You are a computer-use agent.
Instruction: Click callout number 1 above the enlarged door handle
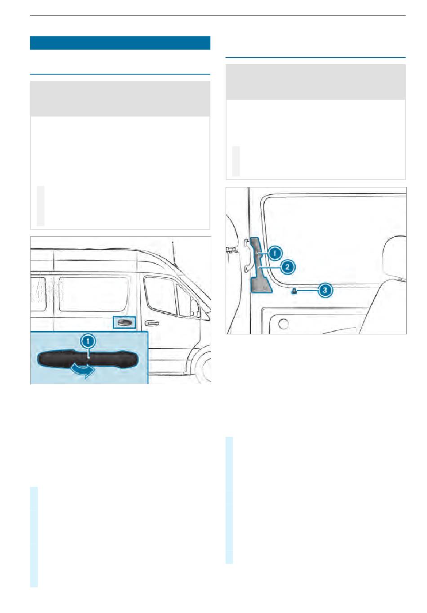pyautogui.click(x=88, y=341)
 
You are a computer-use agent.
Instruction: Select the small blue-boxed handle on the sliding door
pyautogui.click(x=125, y=322)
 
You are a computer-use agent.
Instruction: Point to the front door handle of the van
pyautogui.click(x=151, y=323)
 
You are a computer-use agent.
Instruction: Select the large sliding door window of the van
pyautogui.click(x=94, y=294)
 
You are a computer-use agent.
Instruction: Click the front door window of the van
pyautogui.click(x=160, y=295)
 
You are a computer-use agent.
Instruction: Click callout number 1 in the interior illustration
pyautogui.click(x=275, y=253)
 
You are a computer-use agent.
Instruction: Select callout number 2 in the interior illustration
pyautogui.click(x=287, y=267)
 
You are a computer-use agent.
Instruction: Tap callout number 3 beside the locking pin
pyautogui.click(x=325, y=289)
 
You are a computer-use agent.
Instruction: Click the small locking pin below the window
pyautogui.click(x=294, y=291)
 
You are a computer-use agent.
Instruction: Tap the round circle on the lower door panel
pyautogui.click(x=284, y=324)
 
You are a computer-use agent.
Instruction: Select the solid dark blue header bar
pyautogui.click(x=120, y=43)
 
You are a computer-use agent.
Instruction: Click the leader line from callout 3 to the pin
pyautogui.click(x=307, y=290)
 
